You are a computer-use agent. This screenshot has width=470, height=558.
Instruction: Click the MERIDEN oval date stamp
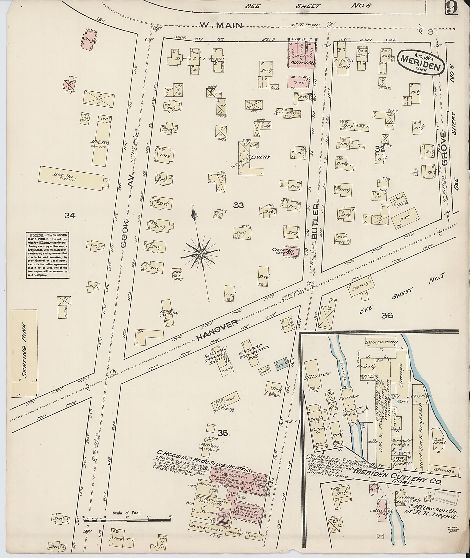420,63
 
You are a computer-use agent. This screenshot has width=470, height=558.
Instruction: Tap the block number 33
238,205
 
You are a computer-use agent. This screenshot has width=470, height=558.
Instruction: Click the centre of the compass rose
200,253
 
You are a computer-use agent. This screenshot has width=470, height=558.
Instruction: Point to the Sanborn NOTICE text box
47,255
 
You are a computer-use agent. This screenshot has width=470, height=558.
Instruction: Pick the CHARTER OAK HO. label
283,252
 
